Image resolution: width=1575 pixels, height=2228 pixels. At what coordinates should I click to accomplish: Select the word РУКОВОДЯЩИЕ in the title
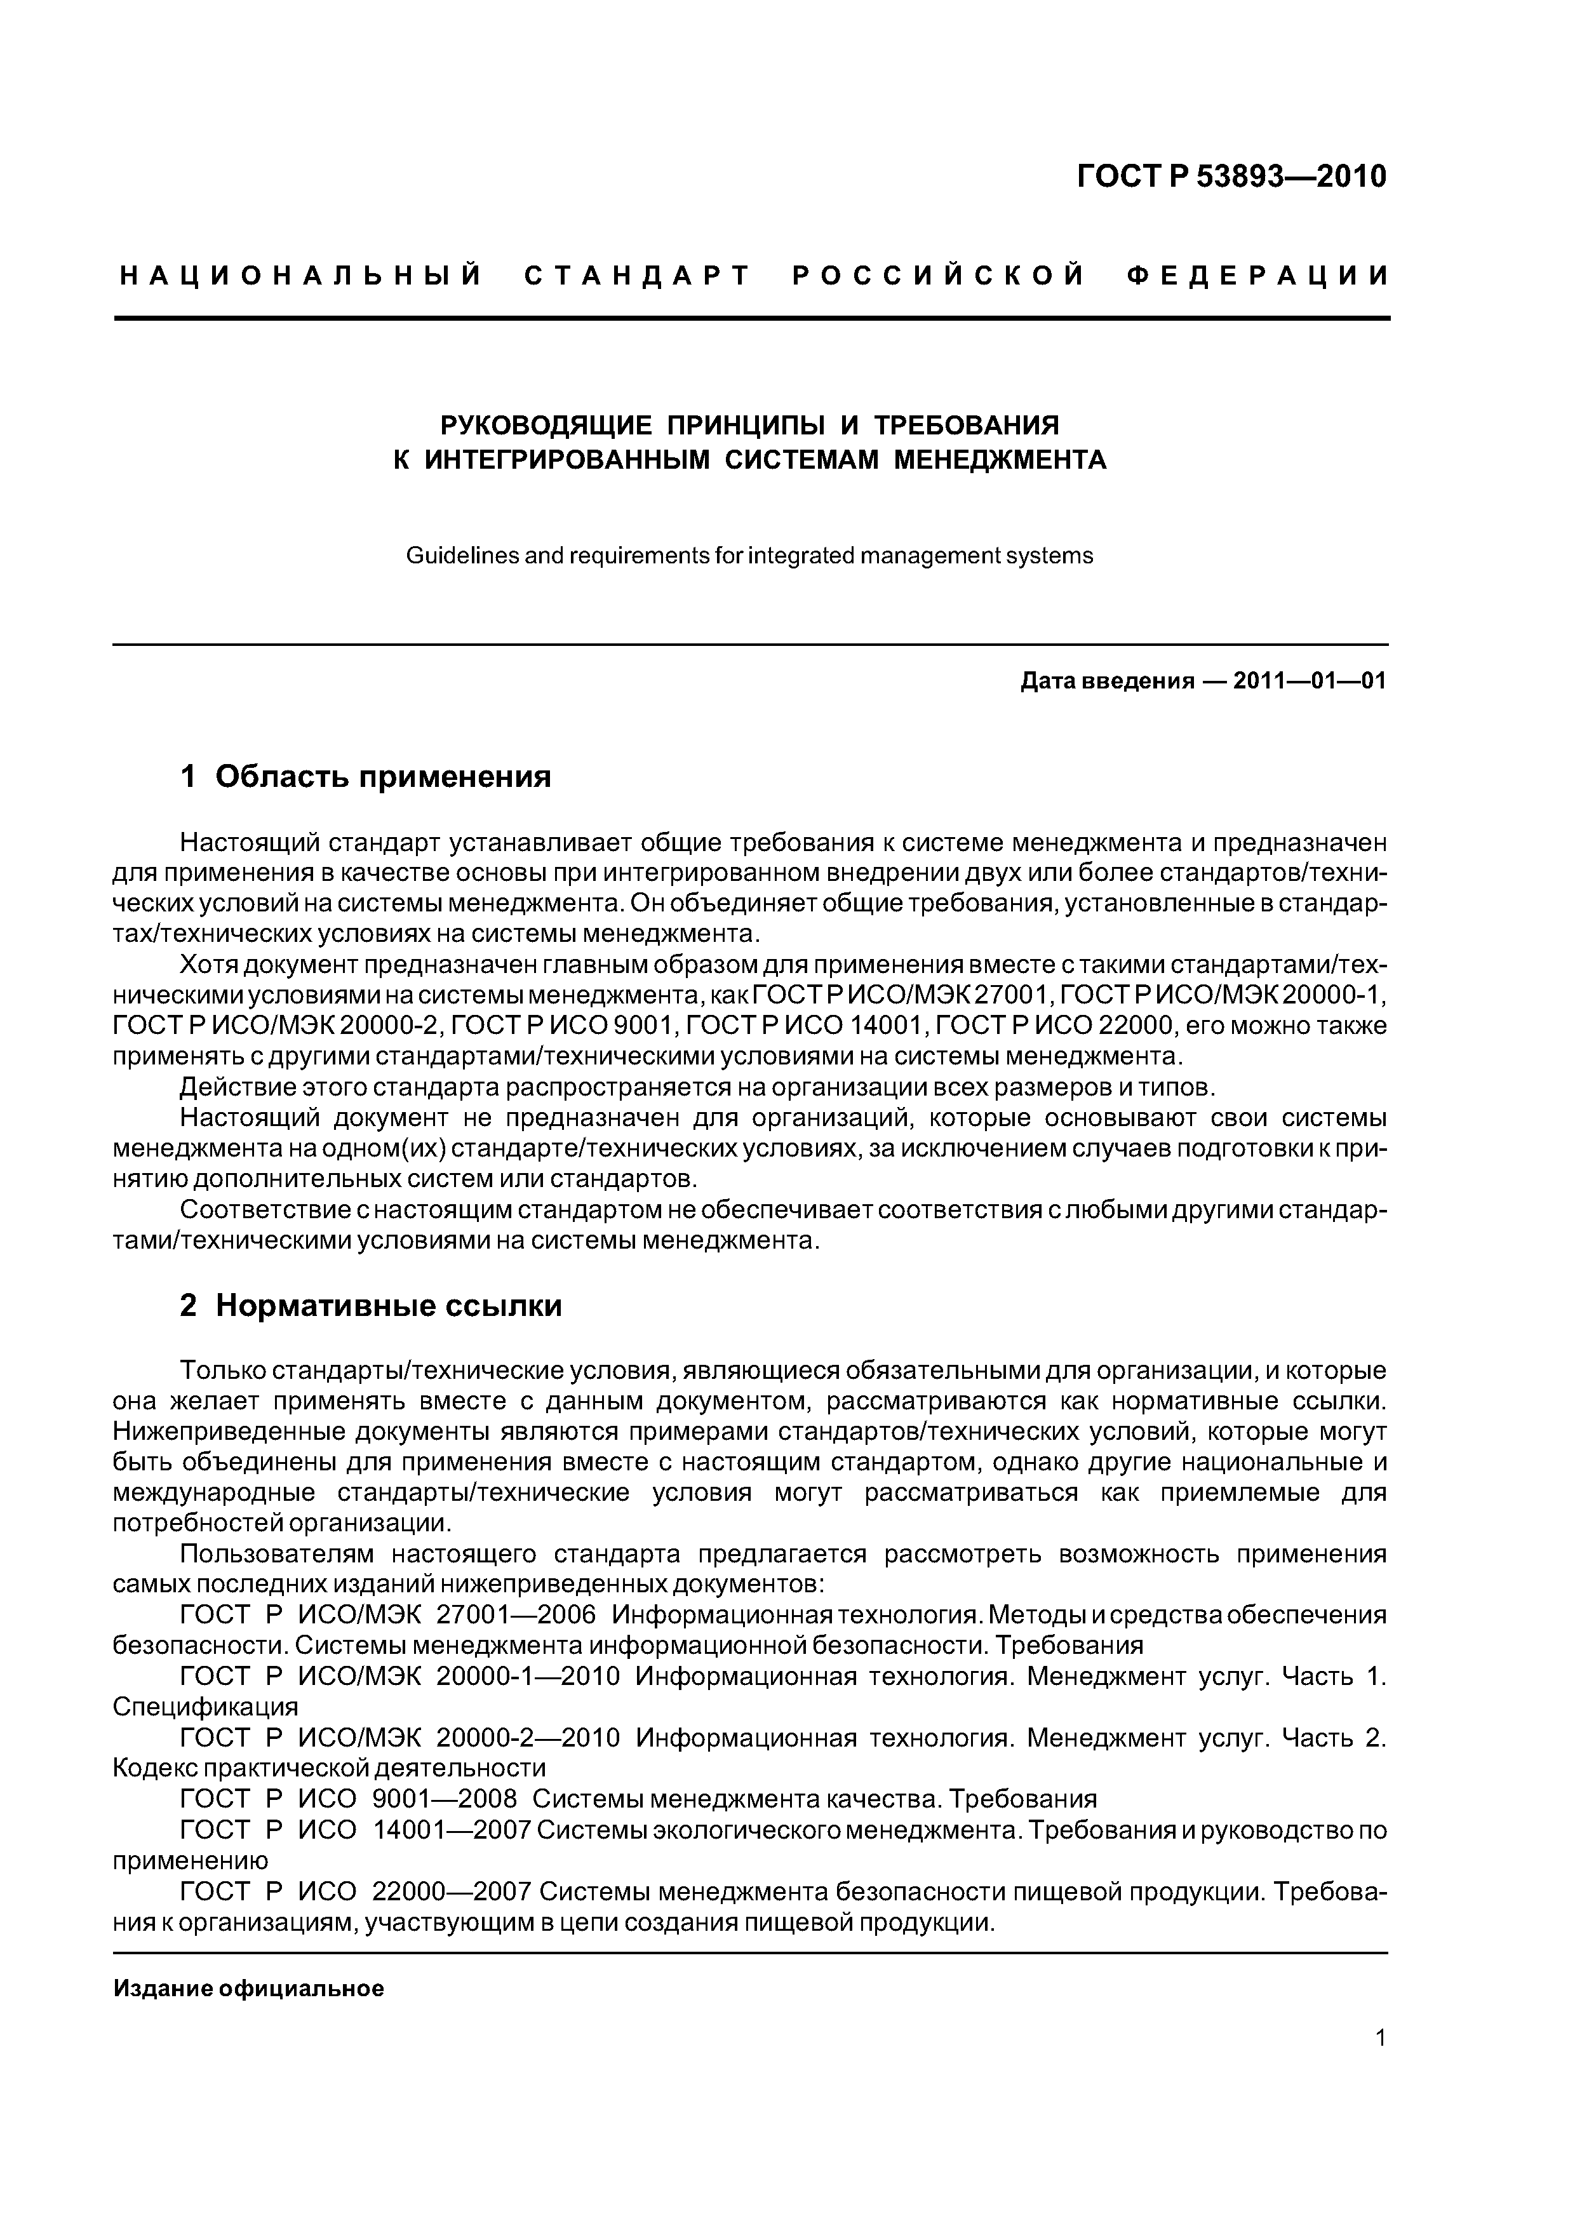(546, 425)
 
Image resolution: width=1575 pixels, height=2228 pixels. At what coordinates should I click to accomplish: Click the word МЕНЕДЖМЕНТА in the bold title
(1000, 459)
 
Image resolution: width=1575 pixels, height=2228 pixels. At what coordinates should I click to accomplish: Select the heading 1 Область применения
(366, 776)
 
